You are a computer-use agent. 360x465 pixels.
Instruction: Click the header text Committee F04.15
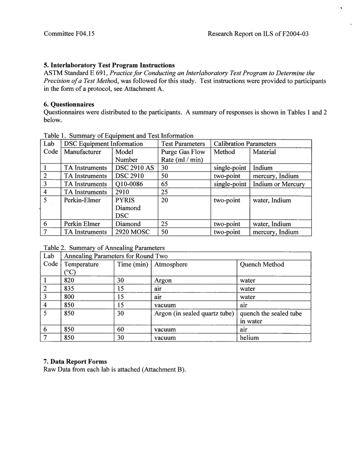tap(69, 34)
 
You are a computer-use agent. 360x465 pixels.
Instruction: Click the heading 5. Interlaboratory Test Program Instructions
tap(109, 65)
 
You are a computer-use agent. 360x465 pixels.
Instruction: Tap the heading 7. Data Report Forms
tap(75, 362)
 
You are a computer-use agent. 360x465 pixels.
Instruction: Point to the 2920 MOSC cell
tap(132, 232)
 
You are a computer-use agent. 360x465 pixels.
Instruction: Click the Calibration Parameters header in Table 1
tap(245, 144)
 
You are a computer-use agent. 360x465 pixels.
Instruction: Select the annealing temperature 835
tap(69, 289)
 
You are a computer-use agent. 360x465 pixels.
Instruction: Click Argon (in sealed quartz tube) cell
tap(194, 314)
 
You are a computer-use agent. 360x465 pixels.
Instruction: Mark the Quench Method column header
tap(262, 264)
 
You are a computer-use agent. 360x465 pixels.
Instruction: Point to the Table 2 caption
tap(104, 248)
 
